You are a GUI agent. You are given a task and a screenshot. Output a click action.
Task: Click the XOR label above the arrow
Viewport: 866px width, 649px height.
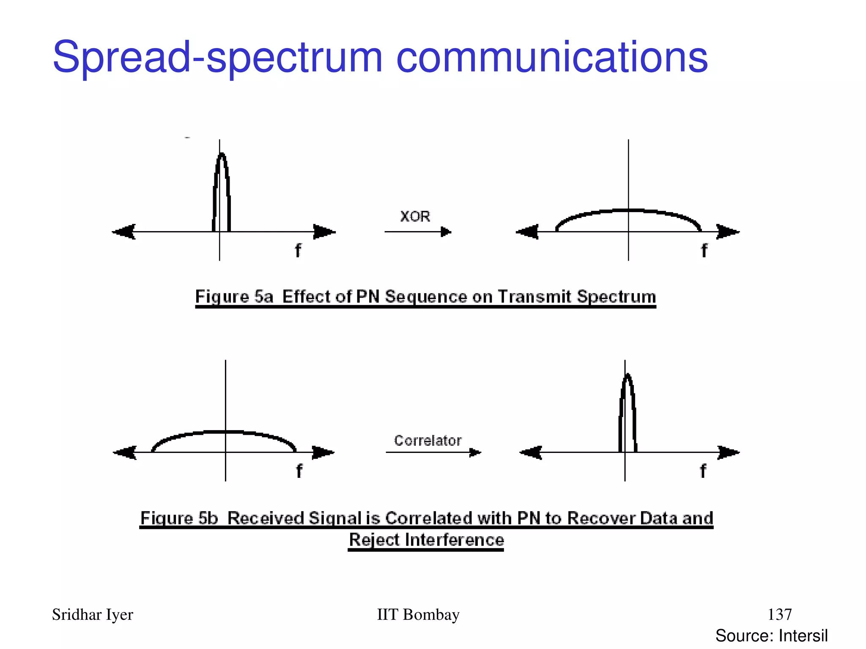click(x=415, y=216)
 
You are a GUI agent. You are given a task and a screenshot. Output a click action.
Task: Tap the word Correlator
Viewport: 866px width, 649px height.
click(x=428, y=441)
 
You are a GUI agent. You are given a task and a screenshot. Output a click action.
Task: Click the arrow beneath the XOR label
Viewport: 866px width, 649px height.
click(x=418, y=232)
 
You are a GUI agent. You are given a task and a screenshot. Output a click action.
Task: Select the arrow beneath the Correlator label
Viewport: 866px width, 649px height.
click(x=433, y=453)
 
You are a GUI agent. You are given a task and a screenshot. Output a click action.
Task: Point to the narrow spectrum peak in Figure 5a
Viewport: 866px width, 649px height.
click(x=222, y=190)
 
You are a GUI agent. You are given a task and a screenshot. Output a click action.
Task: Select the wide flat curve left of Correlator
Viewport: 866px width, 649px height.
click(x=224, y=432)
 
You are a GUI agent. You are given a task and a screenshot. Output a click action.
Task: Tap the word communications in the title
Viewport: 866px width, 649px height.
click(x=552, y=57)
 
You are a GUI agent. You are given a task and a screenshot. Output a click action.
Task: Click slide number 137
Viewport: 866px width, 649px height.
click(x=779, y=614)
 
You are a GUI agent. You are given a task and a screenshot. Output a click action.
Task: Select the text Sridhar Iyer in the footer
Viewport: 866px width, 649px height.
click(x=92, y=615)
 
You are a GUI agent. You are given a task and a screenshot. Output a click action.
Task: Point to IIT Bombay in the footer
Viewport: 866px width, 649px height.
click(x=418, y=615)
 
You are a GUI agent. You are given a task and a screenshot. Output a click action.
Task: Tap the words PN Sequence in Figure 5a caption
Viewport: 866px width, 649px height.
click(x=411, y=297)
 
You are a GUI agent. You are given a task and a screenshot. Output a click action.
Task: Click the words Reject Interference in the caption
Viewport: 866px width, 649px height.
click(x=426, y=540)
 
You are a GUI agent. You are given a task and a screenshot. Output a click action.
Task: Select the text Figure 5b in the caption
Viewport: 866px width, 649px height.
click(x=179, y=518)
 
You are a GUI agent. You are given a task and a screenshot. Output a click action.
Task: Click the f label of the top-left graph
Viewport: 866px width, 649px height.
click(x=298, y=250)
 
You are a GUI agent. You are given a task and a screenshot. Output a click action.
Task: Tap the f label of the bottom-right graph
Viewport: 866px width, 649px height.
click(x=703, y=471)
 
